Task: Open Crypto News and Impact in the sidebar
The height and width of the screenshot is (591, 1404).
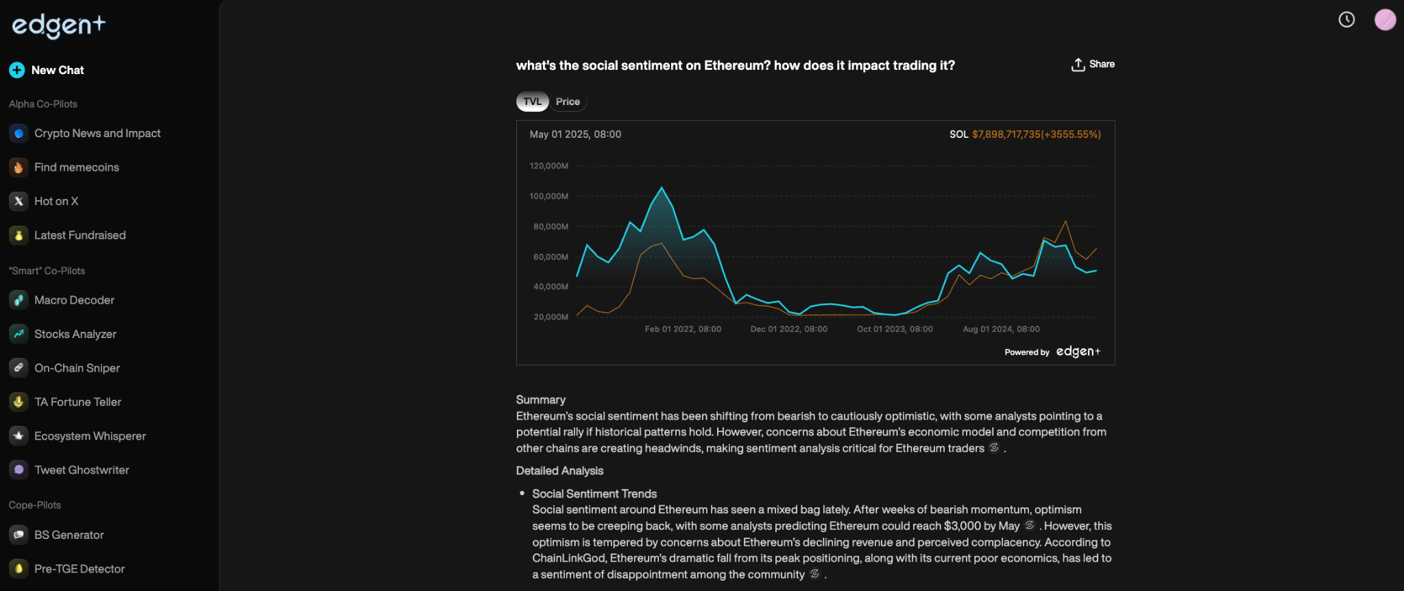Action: [x=97, y=133]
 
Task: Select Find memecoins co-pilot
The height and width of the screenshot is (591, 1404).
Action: [x=76, y=167]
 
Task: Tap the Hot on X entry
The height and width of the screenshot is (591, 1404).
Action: [x=56, y=201]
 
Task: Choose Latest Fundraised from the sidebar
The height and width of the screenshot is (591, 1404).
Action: [x=80, y=235]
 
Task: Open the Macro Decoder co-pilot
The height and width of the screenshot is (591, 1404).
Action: [x=74, y=300]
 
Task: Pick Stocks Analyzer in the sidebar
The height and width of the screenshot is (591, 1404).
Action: [x=75, y=334]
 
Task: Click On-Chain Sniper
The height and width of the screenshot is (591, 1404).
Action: [x=77, y=368]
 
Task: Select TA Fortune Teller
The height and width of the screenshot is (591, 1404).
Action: [x=77, y=402]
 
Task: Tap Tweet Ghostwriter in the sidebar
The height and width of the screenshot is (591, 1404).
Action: [x=82, y=470]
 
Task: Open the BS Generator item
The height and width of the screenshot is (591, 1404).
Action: [x=69, y=535]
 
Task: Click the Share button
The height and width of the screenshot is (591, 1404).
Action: [x=1093, y=64]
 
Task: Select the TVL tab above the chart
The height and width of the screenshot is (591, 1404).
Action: [x=532, y=101]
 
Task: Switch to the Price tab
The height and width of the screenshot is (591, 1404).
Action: [x=568, y=101]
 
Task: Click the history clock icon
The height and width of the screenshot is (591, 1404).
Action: [x=1346, y=20]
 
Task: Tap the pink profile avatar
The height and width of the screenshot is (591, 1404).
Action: [x=1385, y=20]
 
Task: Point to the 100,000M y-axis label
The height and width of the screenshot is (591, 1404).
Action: [x=548, y=196]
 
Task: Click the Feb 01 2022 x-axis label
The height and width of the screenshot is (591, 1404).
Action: [x=683, y=329]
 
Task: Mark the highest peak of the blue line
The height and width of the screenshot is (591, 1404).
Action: [x=662, y=187]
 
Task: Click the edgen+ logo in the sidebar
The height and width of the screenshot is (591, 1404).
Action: [x=59, y=25]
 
